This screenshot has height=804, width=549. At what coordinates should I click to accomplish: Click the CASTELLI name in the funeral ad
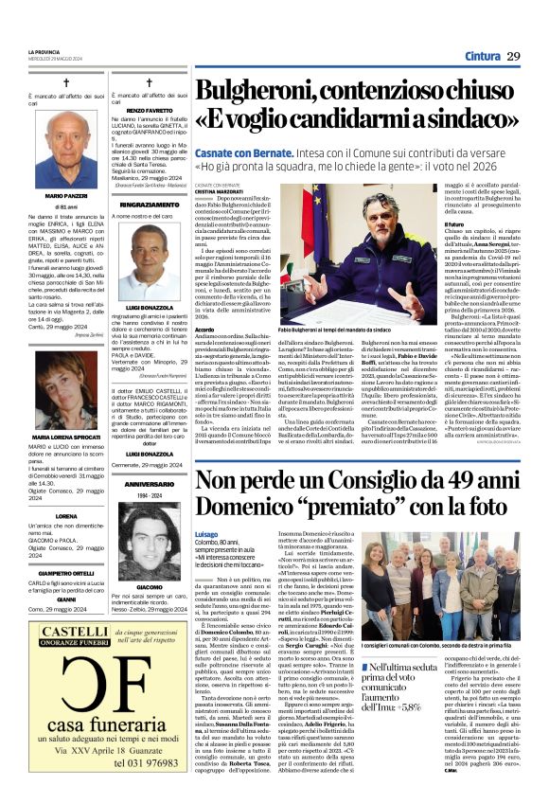click(57, 629)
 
